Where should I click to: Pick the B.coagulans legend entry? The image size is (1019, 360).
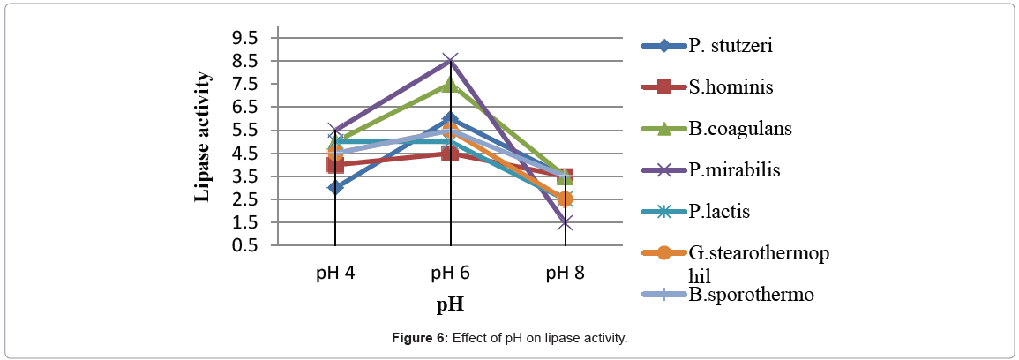[739, 128]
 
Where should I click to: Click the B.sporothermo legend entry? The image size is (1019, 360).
[750, 294]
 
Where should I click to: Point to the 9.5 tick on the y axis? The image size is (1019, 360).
[244, 38]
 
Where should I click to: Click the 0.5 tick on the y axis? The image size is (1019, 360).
[244, 245]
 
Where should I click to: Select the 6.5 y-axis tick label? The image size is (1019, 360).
[244, 107]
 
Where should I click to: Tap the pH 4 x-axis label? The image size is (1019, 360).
[335, 273]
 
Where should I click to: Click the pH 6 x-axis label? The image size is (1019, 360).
[450, 273]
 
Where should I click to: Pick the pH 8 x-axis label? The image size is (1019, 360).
[565, 273]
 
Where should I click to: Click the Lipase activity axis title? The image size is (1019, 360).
[203, 137]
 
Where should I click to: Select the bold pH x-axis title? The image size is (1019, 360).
[450, 304]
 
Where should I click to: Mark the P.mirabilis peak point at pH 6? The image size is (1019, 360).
[451, 61]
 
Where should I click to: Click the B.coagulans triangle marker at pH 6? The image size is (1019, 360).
[451, 84]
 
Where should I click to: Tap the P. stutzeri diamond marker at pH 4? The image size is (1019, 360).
[335, 187]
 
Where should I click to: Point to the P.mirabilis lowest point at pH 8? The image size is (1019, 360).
[565, 222]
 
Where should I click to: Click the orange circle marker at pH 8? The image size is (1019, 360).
[565, 199]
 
